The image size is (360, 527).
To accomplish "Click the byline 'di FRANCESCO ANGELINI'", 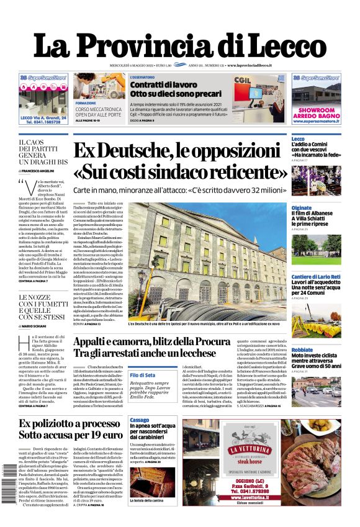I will click(41, 170).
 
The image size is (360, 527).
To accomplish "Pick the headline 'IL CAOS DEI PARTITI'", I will click(37, 147).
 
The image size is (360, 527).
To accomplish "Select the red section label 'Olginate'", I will click(302, 208).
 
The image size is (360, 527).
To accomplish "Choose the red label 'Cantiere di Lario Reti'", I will click(316, 276).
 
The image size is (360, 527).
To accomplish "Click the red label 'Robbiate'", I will click(302, 350).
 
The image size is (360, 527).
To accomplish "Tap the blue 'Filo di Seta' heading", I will click(142, 376).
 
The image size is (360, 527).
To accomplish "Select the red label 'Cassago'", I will click(140, 420).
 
